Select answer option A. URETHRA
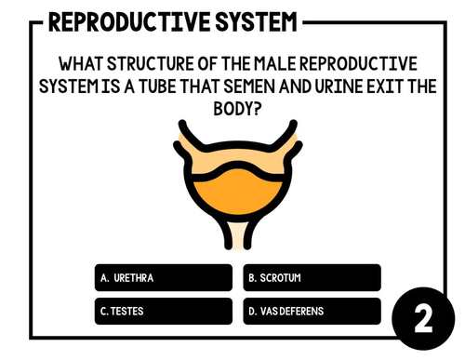pyautogui.click(x=163, y=278)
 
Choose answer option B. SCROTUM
pyautogui.click(x=312, y=278)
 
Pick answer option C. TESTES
pyautogui.click(x=163, y=311)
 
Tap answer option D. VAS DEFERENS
pyautogui.click(x=312, y=311)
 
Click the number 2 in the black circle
pyautogui.click(x=423, y=319)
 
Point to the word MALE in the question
pyautogui.click(x=269, y=64)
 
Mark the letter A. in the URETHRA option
pyautogui.click(x=105, y=278)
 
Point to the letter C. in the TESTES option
pyautogui.click(x=104, y=311)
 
